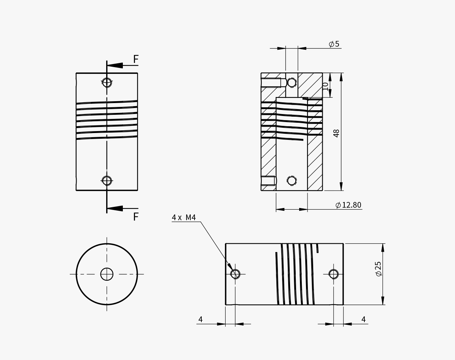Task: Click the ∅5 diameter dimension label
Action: pyautogui.click(x=334, y=44)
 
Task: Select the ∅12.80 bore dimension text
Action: pyautogui.click(x=348, y=205)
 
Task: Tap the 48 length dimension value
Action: pyautogui.click(x=336, y=133)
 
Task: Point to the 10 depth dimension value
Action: pyautogui.click(x=325, y=86)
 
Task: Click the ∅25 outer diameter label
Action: pyautogui.click(x=378, y=269)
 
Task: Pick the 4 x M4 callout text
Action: pyautogui.click(x=184, y=218)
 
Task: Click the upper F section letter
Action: pyautogui.click(x=136, y=59)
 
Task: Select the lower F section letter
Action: pyautogui.click(x=136, y=217)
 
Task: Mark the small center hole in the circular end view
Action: pyautogui.click(x=107, y=274)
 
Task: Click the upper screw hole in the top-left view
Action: pyautogui.click(x=107, y=83)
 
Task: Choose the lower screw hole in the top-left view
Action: pyautogui.click(x=107, y=181)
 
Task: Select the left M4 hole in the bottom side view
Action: pyautogui.click(x=235, y=274)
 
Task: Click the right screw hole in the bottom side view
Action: pyautogui.click(x=334, y=274)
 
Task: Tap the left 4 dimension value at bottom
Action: pyautogui.click(x=201, y=320)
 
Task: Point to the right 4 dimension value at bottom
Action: pyautogui.click(x=363, y=320)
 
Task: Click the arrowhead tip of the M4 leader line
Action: pyautogui.click(x=232, y=270)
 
